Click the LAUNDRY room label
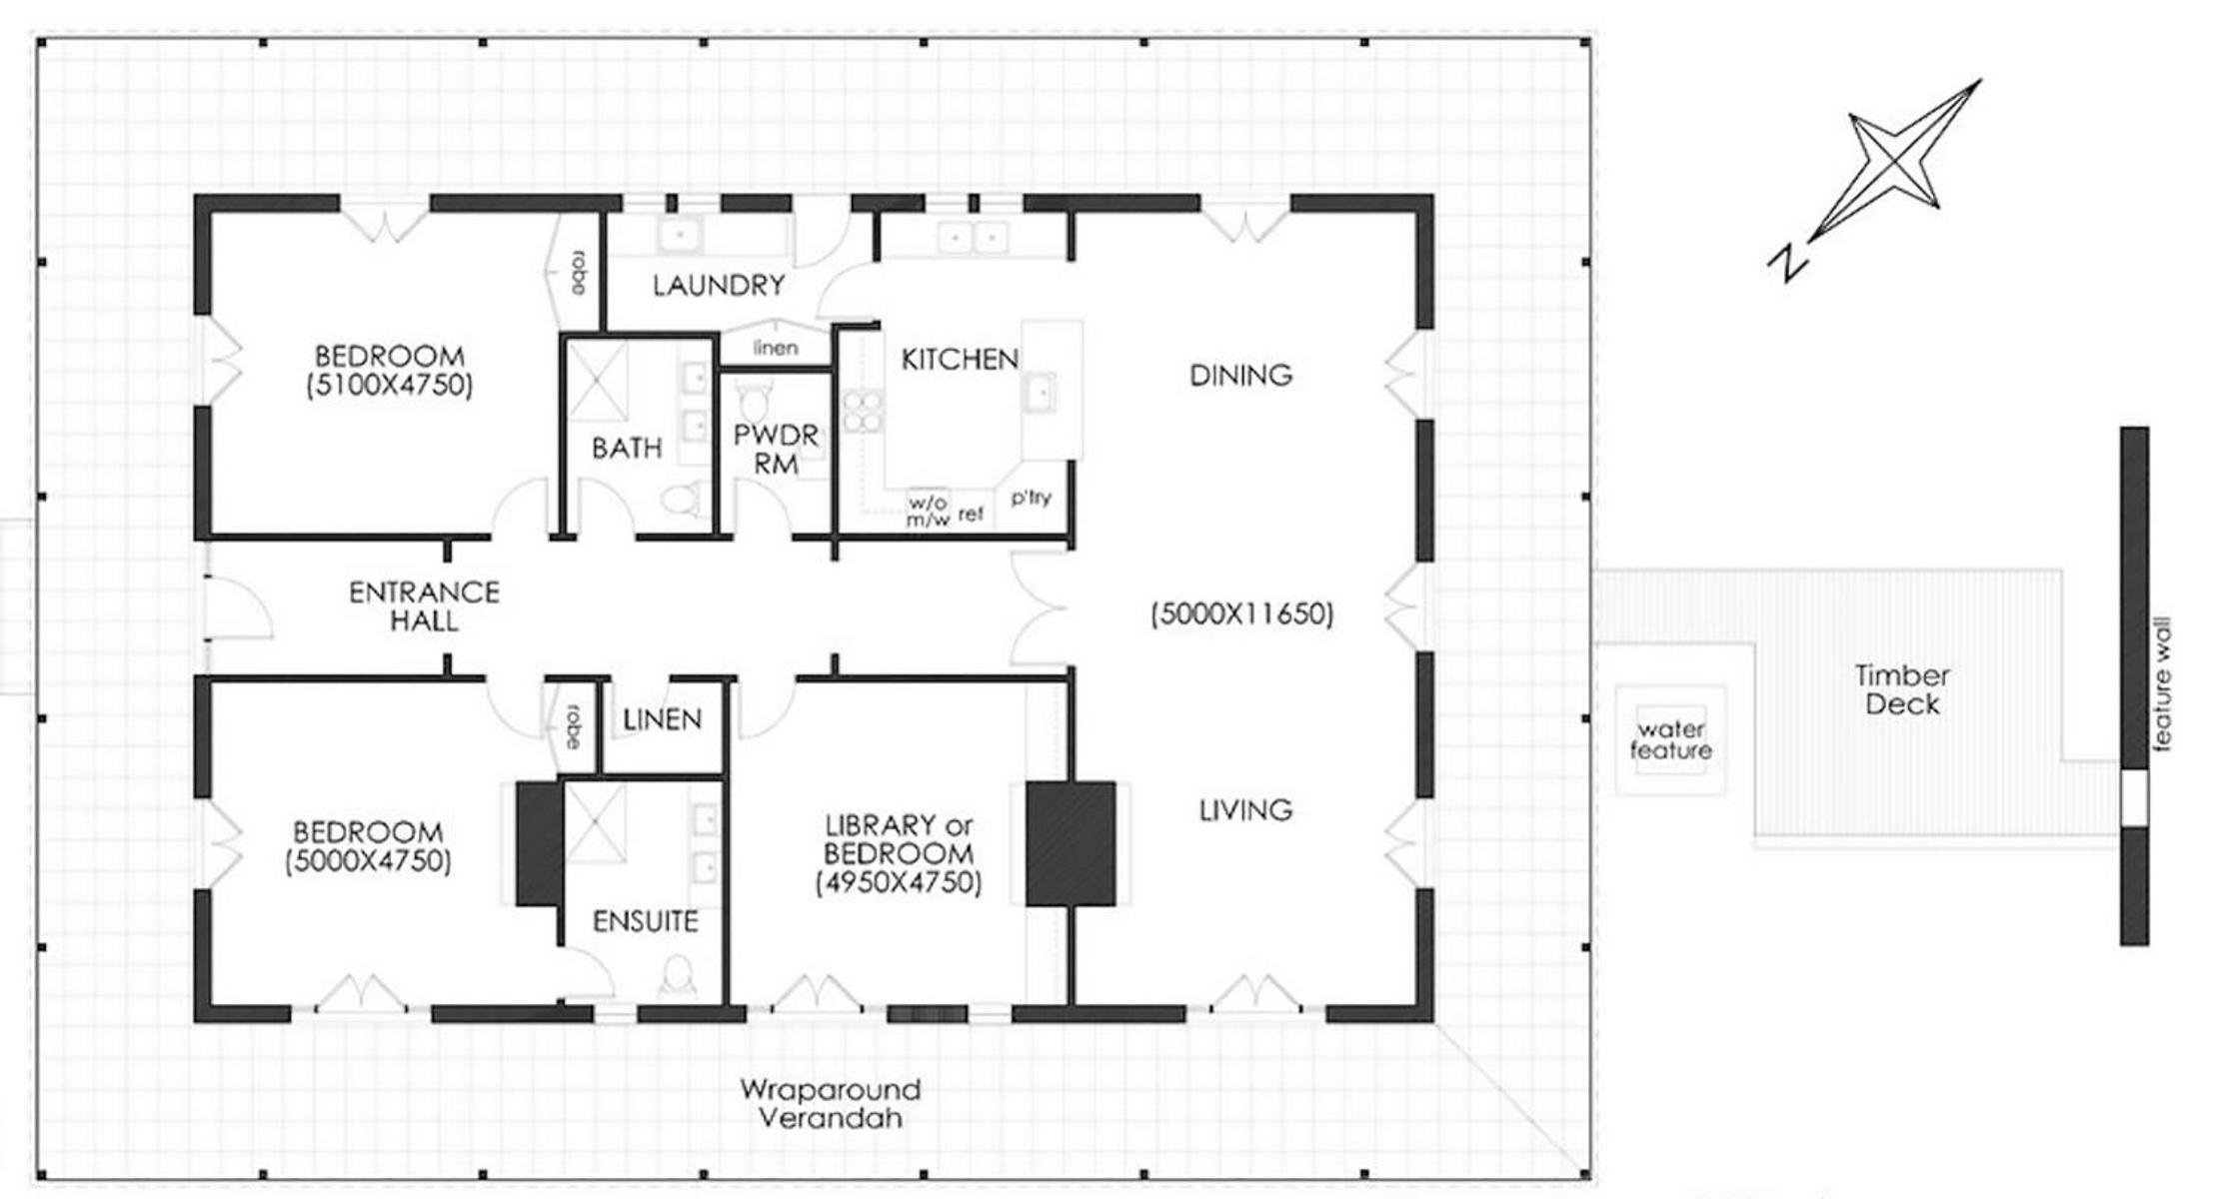pyautogui.click(x=719, y=286)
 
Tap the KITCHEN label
pyautogui.click(x=960, y=360)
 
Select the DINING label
pyautogui.click(x=1240, y=376)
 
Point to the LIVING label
pyautogui.click(x=1245, y=809)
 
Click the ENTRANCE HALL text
pyautogui.click(x=424, y=606)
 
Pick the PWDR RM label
pyautogui.click(x=776, y=450)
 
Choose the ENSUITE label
pyautogui.click(x=645, y=921)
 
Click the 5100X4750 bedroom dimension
pyautogui.click(x=389, y=385)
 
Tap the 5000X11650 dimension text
pyautogui.click(x=1241, y=613)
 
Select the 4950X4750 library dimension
pyautogui.click(x=898, y=882)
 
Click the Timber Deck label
pyautogui.click(x=1902, y=689)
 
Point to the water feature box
pyautogui.click(x=1671, y=740)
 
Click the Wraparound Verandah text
pyautogui.click(x=830, y=1103)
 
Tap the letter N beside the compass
pyautogui.click(x=1787, y=262)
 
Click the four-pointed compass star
pyautogui.click(x=1895, y=160)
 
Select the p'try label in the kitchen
pyautogui.click(x=1030, y=498)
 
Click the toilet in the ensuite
pyautogui.click(x=678, y=975)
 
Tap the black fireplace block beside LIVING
pyautogui.click(x=1071, y=844)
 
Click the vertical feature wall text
pyautogui.click(x=2162, y=684)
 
